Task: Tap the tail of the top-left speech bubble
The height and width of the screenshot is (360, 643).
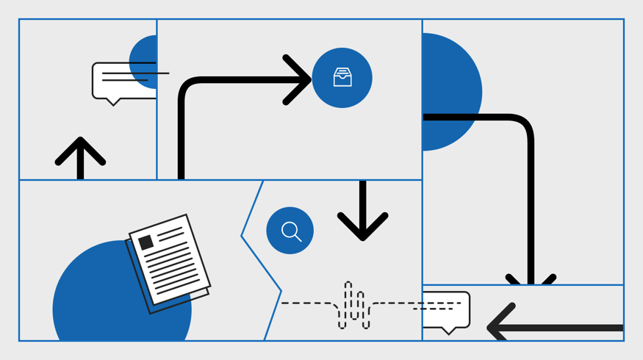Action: tap(113, 101)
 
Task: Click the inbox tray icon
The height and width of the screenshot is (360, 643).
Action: tap(342, 77)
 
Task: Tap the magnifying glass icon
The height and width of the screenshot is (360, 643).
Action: tap(290, 231)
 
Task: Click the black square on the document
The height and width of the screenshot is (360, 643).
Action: tap(146, 242)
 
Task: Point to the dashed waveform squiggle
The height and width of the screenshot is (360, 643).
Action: tap(353, 304)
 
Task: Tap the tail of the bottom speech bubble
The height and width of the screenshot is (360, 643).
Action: tap(448, 331)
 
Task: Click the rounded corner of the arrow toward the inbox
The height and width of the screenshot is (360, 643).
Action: tap(189, 87)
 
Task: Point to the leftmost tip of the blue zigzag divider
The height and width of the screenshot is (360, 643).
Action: tap(242, 236)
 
